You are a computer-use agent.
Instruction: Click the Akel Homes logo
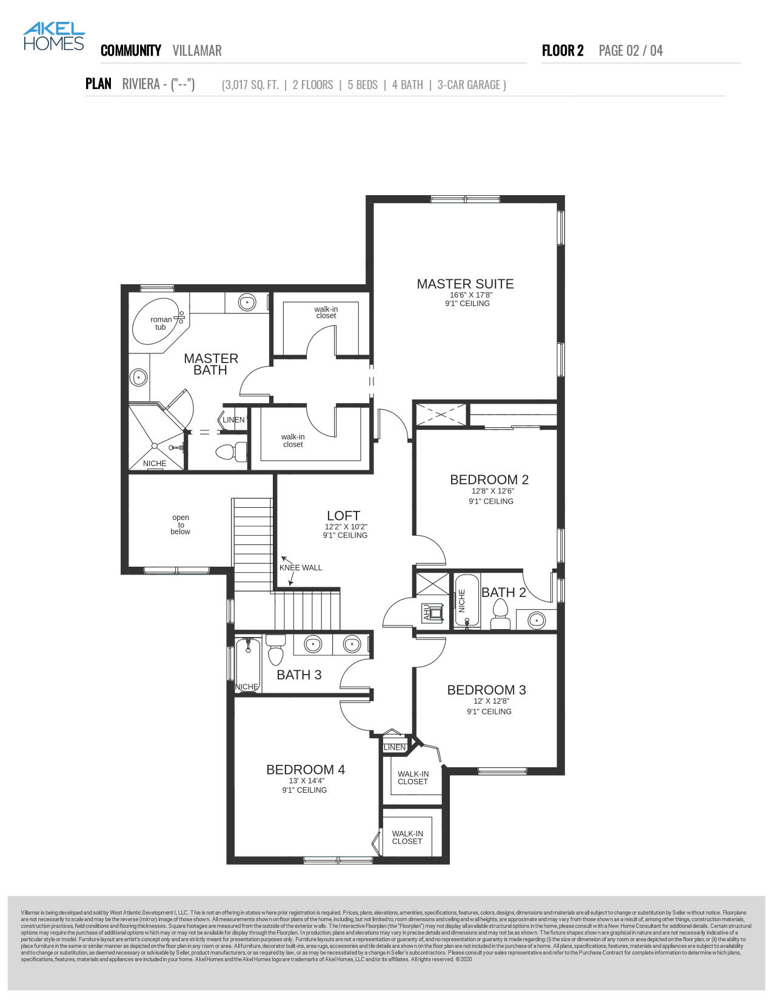pos(53,36)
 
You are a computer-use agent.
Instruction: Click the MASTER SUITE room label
pos(465,284)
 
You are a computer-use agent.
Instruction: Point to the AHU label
pos(426,612)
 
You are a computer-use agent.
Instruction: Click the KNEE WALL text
pos(300,568)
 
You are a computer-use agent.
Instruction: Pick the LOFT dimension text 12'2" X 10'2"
pos(346,527)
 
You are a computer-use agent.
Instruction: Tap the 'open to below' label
pos(180,525)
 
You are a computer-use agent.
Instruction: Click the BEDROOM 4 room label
pos(306,770)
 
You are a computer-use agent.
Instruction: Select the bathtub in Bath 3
pos(247,664)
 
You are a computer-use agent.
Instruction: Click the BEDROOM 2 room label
pos(489,479)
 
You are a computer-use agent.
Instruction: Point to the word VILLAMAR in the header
pos(197,50)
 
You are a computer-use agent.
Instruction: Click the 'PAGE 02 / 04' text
pos(631,50)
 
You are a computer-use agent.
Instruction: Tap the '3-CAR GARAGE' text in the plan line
pos(471,85)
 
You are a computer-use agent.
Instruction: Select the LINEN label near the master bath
pos(233,420)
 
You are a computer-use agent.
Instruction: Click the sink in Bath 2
pos(536,620)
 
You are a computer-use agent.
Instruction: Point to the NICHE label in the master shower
pos(155,464)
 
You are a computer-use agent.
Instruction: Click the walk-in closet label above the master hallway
pos(326,312)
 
